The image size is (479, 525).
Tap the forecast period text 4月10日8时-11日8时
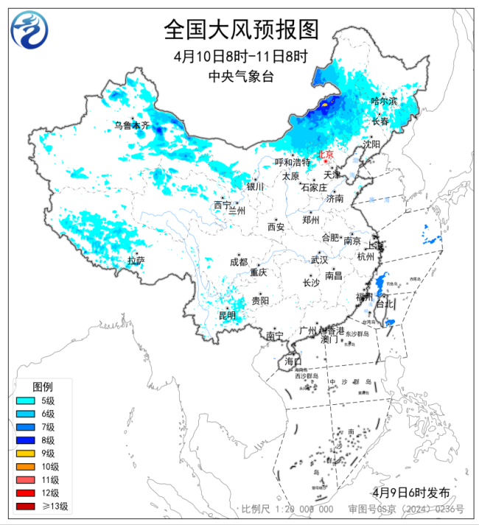tap(240, 57)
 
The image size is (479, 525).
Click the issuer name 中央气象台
tap(240, 76)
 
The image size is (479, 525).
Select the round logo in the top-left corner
tap(29, 29)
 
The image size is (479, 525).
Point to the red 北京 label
tap(325, 155)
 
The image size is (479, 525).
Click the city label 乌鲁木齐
tap(131, 126)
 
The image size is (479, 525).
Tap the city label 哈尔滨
tap(384, 101)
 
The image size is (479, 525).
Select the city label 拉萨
tap(136, 260)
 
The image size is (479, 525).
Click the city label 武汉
tap(319, 260)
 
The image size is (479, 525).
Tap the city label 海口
tap(293, 361)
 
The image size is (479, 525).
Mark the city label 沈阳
tap(371, 144)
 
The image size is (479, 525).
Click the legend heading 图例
tap(43, 387)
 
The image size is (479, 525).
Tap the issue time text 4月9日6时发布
tap(410, 492)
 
